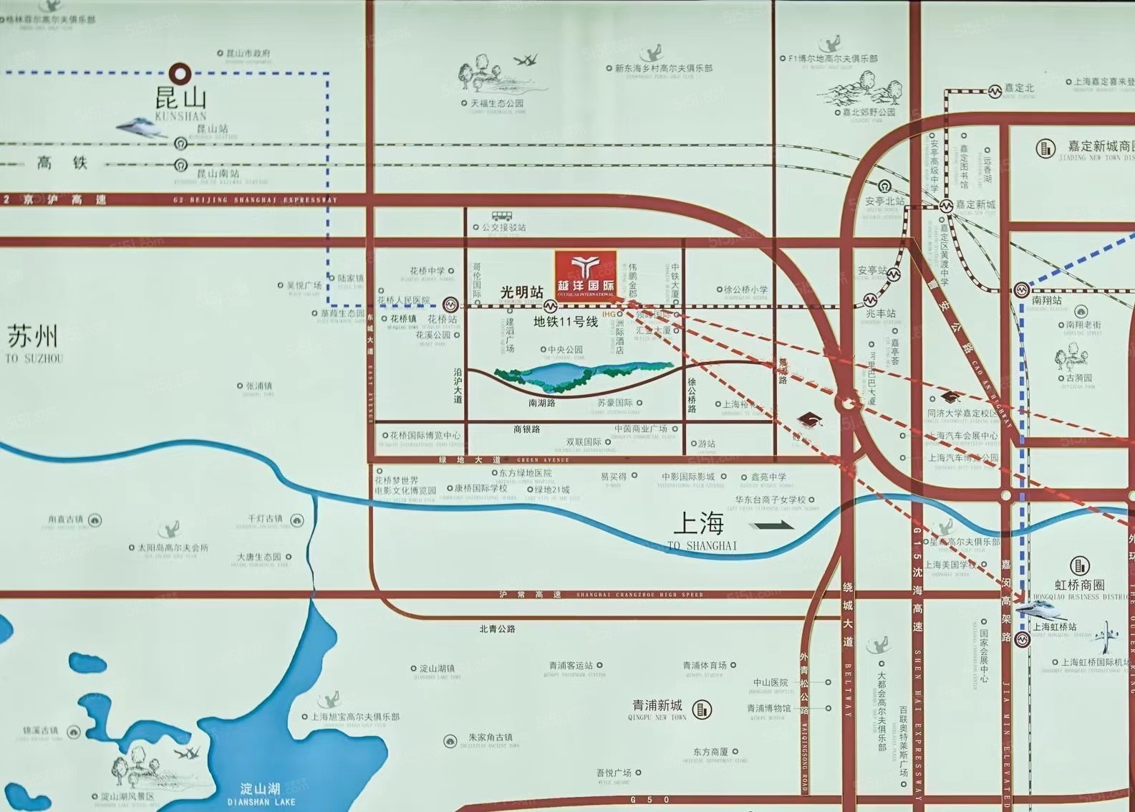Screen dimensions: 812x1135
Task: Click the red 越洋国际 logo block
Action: (x=586, y=274)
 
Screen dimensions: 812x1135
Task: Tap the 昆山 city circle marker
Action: (x=179, y=72)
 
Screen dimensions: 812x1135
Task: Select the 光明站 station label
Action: (x=521, y=292)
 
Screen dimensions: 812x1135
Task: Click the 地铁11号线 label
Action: (x=565, y=323)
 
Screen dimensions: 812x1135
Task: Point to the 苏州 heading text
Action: (x=32, y=337)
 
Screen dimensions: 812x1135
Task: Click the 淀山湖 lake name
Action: (x=261, y=788)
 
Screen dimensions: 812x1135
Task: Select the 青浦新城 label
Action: (x=657, y=705)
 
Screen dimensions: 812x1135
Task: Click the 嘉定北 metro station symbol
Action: (x=995, y=91)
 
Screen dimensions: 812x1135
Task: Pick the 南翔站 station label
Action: (x=1047, y=301)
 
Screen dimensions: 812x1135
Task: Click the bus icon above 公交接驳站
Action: (x=502, y=215)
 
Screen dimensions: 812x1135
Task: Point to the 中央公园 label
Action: (x=565, y=350)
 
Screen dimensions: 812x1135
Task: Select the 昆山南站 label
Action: (x=218, y=173)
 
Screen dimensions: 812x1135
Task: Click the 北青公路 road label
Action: (x=497, y=629)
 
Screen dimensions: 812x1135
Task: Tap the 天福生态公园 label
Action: (x=497, y=103)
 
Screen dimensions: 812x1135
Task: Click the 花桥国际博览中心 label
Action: (x=425, y=435)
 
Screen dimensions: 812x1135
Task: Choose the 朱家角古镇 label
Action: (x=491, y=737)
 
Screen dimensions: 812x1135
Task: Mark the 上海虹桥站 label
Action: (x=1054, y=626)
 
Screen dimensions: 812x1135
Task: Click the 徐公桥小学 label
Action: (x=745, y=290)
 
